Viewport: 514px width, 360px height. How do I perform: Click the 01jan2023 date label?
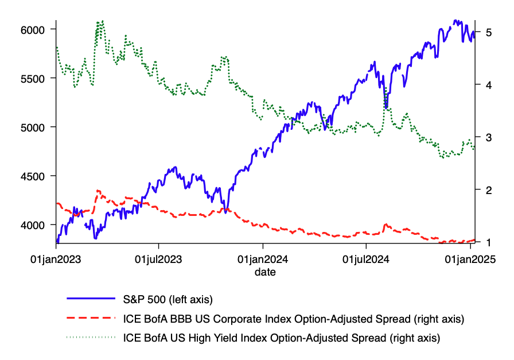click(x=56, y=260)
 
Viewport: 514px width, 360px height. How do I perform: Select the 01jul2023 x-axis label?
click(x=159, y=260)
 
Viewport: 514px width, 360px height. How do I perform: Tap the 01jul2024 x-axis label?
click(x=366, y=260)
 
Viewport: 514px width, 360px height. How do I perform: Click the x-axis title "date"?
click(x=265, y=272)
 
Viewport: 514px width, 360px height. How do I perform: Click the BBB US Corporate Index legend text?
click(x=293, y=318)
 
